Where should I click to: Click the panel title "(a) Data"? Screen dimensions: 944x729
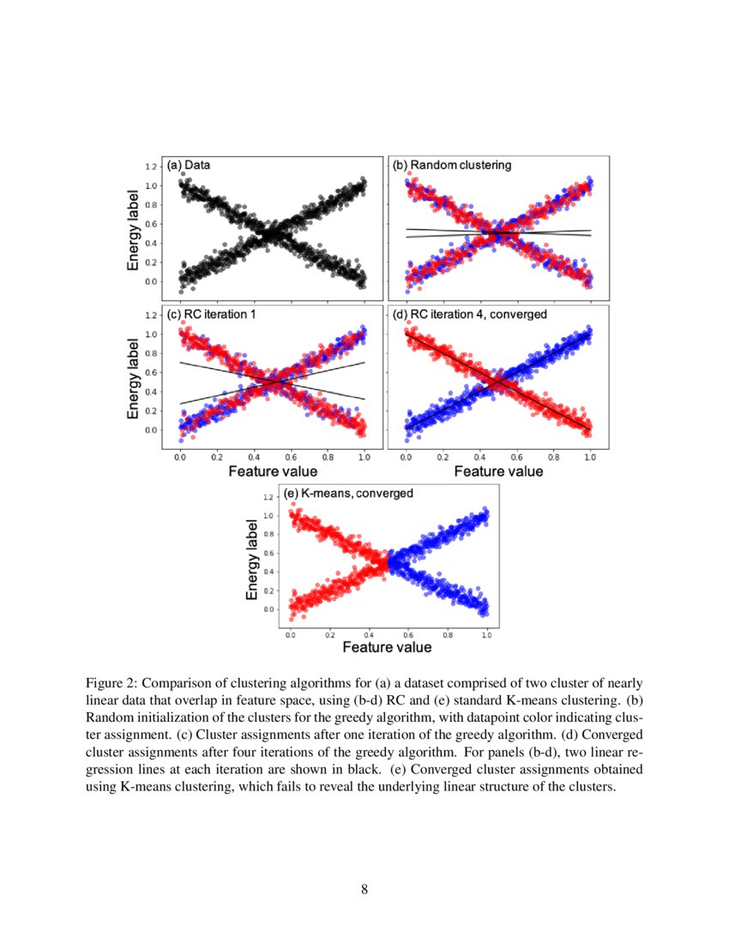tap(189, 165)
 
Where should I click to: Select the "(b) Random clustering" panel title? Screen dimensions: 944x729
tap(451, 165)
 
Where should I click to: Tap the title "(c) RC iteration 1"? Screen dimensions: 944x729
tap(211, 315)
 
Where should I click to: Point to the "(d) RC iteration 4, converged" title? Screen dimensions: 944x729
tap(470, 315)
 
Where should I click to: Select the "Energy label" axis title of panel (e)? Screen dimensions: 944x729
tap(252, 559)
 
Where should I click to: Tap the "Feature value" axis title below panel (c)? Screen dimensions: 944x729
tap(272, 471)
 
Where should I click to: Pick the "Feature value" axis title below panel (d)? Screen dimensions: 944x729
tap(498, 471)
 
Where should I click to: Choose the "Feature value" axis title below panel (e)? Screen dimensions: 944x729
tap(388, 646)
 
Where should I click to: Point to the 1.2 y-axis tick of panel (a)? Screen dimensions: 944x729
tap(151, 166)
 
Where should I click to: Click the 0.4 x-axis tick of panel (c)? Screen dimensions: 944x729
tap(254, 458)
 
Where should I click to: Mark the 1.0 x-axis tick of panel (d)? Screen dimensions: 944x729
tap(590, 458)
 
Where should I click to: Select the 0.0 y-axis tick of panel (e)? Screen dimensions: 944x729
tap(271, 609)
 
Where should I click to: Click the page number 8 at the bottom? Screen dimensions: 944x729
tap(364, 888)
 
